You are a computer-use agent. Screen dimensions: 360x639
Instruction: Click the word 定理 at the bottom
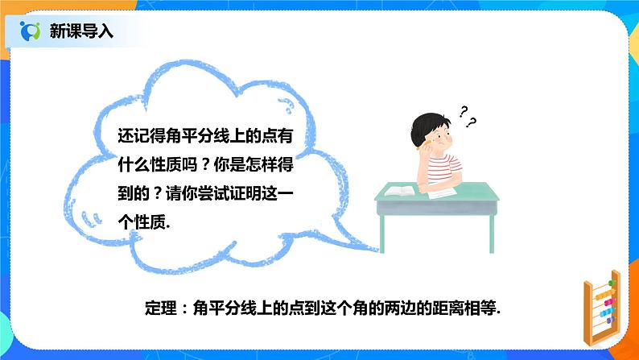pos(152,308)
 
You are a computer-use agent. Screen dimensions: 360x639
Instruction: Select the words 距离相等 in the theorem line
pos(460,308)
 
